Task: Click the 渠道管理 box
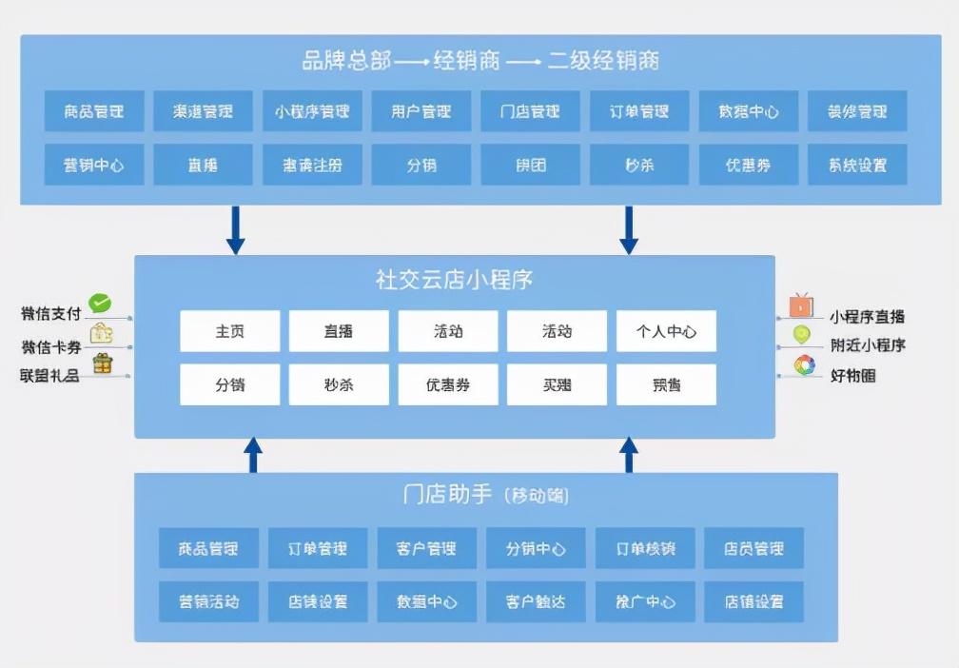[x=203, y=111]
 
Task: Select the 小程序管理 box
[x=312, y=111]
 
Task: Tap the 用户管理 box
[x=421, y=111]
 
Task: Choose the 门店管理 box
[x=530, y=111]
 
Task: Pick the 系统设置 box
[x=857, y=165]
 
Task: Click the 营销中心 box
[x=94, y=165]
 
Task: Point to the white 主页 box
[x=229, y=331]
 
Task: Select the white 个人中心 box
[x=666, y=331]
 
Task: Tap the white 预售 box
[x=666, y=385]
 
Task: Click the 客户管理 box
[x=427, y=548]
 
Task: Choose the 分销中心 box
[x=536, y=548]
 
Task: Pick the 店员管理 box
[x=753, y=548]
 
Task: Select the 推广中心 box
[x=645, y=601]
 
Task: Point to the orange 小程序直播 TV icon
[x=801, y=306]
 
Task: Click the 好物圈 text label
[x=853, y=376]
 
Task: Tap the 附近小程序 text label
[x=867, y=345]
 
